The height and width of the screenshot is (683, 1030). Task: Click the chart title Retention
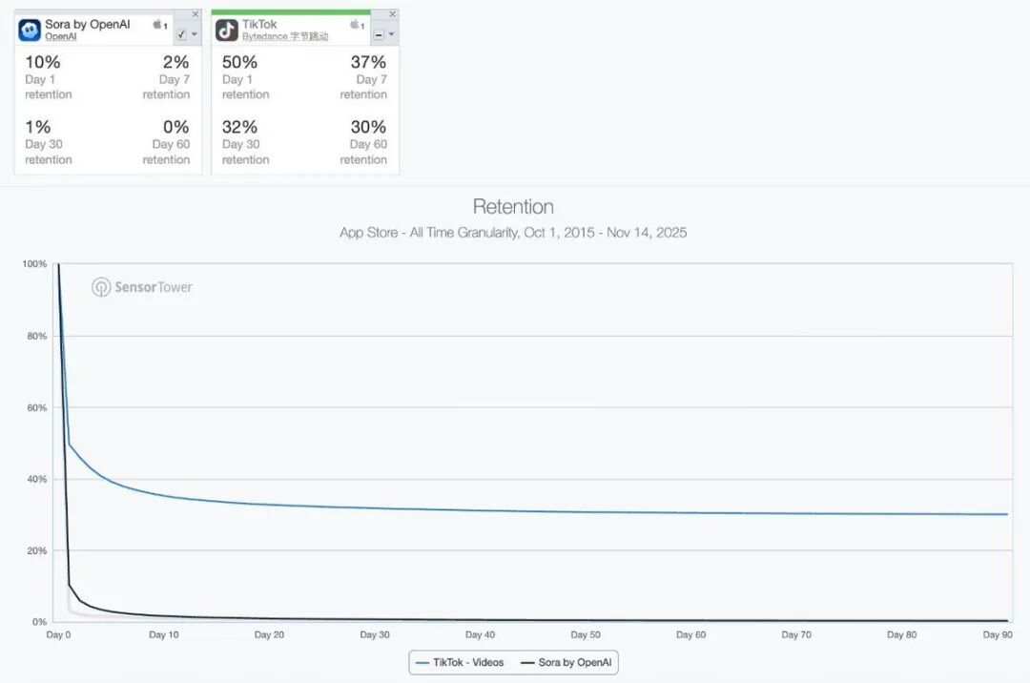[x=513, y=207]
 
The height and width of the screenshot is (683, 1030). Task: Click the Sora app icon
[x=30, y=31]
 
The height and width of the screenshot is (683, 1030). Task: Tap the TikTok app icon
[x=227, y=31]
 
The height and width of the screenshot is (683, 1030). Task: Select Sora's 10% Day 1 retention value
[x=42, y=63]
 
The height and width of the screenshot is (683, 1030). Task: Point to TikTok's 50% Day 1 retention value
[x=239, y=63]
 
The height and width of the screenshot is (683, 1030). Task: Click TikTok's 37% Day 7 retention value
[x=367, y=63]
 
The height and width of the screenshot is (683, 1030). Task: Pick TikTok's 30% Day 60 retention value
[x=367, y=127]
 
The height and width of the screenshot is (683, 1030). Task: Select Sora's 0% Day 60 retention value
[x=176, y=127]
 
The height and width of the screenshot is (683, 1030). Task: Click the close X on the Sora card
[x=195, y=14]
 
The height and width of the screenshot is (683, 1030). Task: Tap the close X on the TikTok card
[x=392, y=14]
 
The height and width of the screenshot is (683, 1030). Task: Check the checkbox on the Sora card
[x=181, y=34]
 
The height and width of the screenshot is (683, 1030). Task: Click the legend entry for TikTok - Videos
[x=460, y=662]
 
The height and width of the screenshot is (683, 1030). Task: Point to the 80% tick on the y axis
[x=35, y=336]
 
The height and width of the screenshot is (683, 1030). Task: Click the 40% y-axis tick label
[x=35, y=479]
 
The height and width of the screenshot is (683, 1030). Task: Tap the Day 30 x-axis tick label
[x=375, y=634]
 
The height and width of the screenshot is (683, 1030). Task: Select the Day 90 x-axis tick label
[x=998, y=634]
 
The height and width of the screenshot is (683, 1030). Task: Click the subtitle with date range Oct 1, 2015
[x=513, y=233]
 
